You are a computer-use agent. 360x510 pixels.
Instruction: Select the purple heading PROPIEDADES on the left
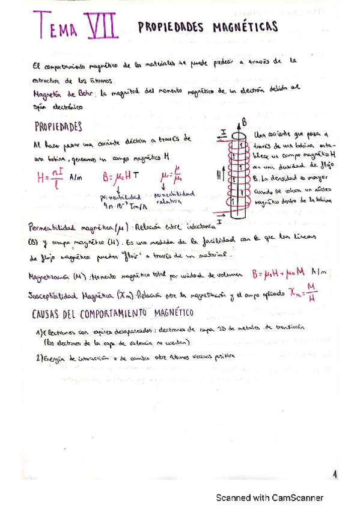pyautogui.click(x=58, y=127)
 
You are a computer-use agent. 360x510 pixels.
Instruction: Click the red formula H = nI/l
pyautogui.click(x=50, y=177)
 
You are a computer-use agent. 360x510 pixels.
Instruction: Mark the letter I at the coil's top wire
pyautogui.click(x=222, y=131)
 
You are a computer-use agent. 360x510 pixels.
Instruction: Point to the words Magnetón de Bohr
pyautogui.click(x=63, y=93)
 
